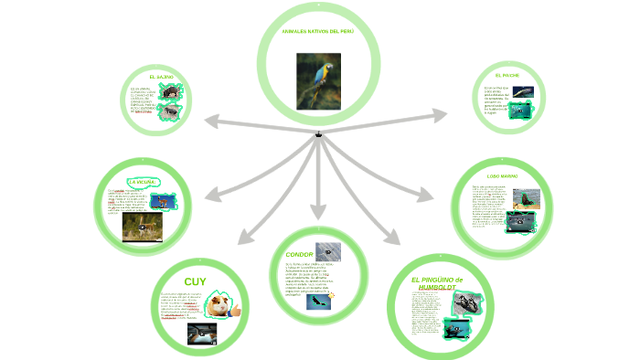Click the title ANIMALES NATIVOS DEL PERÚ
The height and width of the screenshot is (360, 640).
tap(317, 31)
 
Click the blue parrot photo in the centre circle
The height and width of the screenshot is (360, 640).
tap(318, 80)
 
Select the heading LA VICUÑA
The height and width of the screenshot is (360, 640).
tap(144, 182)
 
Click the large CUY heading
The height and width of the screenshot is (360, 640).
tap(196, 281)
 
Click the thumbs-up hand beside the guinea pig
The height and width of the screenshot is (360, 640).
tap(236, 311)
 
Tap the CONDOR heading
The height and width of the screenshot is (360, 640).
tap(300, 254)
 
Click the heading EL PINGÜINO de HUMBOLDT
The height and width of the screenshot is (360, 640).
tap(438, 283)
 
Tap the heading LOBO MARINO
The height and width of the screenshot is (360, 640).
tap(502, 175)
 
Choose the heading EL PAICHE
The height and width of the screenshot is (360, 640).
tap(507, 74)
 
